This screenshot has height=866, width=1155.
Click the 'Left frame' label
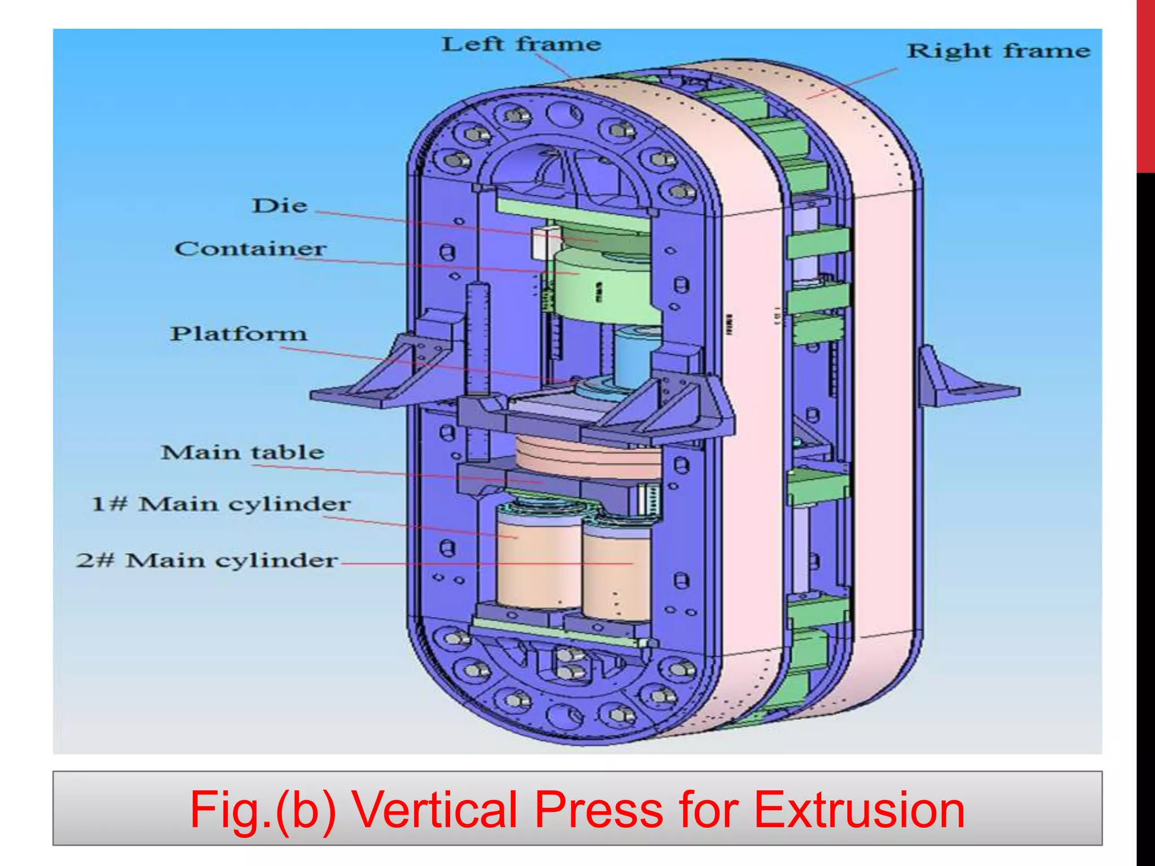[521, 44]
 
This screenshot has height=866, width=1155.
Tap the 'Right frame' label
[998, 51]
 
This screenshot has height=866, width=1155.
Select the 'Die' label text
[280, 206]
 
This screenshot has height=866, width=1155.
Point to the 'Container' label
[250, 249]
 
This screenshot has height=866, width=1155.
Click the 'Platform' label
[239, 334]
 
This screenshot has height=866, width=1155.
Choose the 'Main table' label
[243, 452]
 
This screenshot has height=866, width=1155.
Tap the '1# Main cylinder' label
[221, 503]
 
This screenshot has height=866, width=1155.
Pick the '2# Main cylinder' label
[207, 560]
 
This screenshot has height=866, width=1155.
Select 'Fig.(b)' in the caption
[262, 810]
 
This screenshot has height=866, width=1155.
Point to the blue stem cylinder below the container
[632, 355]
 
